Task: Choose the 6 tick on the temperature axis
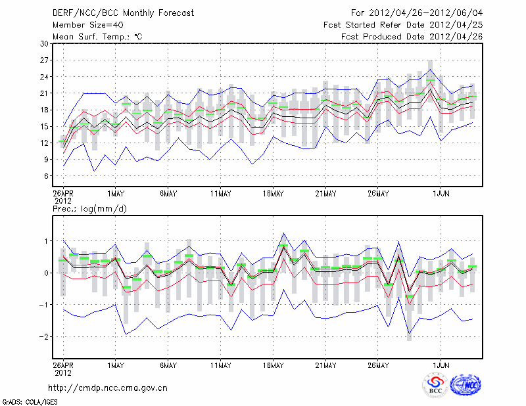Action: (x=46, y=176)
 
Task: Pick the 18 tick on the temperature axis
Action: (x=43, y=110)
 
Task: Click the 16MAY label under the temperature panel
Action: (x=273, y=193)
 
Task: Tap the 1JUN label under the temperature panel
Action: (x=440, y=193)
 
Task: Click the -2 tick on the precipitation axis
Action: (x=43, y=336)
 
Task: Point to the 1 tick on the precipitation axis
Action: (x=46, y=241)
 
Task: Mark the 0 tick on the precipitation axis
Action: (x=46, y=273)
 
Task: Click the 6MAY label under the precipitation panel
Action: (x=168, y=365)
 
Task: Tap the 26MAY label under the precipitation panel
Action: (x=378, y=365)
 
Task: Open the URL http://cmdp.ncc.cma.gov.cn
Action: (x=108, y=388)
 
